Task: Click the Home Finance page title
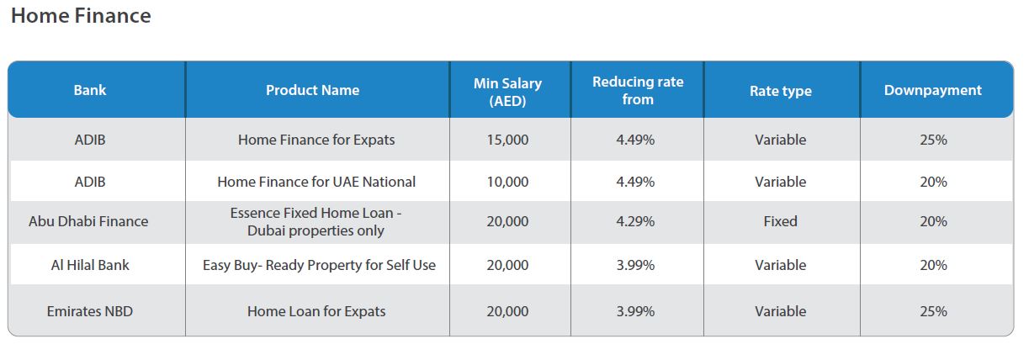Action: coord(81,16)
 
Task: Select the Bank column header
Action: coord(90,90)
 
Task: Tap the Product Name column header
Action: coord(312,90)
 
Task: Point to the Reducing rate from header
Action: coord(638,90)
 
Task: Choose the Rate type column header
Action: coord(780,91)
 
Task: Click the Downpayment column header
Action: coord(932,90)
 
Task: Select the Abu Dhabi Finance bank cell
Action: coord(88,221)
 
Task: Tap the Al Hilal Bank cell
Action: coord(90,265)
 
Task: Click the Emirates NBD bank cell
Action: coord(90,311)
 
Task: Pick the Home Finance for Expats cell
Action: coord(316,140)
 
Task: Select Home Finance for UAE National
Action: coord(316,182)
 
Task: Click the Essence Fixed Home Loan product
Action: coord(316,222)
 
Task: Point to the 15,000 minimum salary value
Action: coord(507,140)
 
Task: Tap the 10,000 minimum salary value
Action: coord(507,182)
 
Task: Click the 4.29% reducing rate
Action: coord(637,221)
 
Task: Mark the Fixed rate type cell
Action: coord(780,221)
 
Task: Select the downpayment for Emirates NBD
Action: coord(933,311)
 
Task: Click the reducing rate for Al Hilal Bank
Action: coord(637,265)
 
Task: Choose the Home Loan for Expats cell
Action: coord(316,311)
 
